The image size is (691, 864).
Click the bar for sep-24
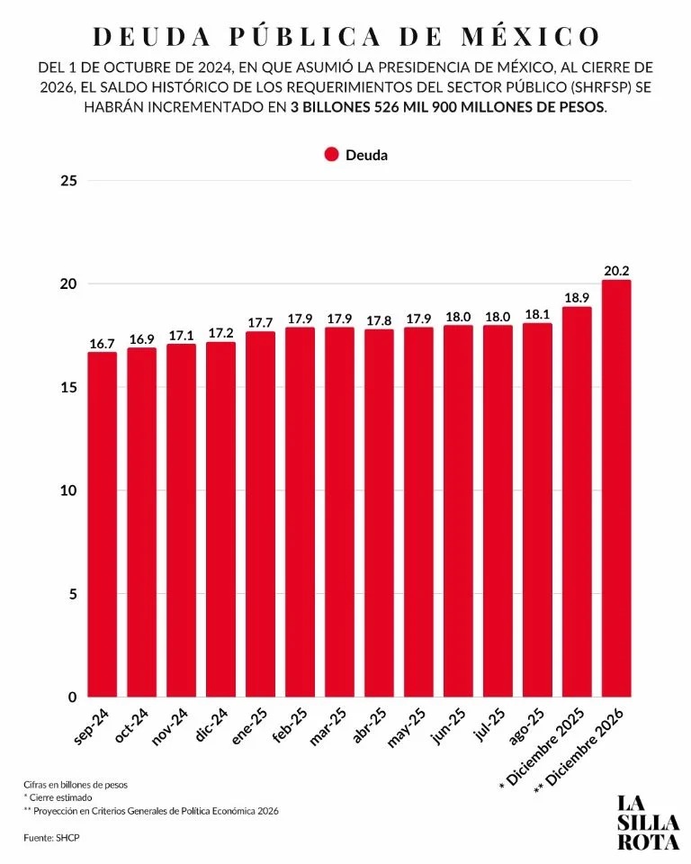coord(102,524)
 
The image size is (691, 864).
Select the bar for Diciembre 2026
coord(616,488)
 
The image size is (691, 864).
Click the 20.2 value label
coord(616,270)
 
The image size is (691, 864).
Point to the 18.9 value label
coord(577,297)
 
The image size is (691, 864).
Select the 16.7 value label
coord(102,343)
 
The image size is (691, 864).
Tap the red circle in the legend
coord(331,155)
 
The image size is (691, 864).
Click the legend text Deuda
coord(367,155)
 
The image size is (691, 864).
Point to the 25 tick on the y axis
coord(70,181)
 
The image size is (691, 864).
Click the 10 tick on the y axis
coord(70,490)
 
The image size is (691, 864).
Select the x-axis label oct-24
coord(135,725)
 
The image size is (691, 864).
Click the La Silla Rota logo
coord(648,821)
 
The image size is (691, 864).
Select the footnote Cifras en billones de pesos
coord(76,784)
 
